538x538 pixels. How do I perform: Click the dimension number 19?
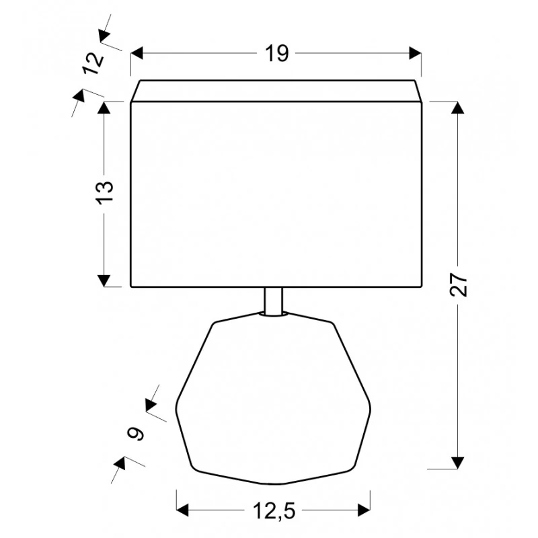coord(277,54)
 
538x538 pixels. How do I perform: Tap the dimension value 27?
coord(459,284)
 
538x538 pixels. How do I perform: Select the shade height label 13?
coord(106,192)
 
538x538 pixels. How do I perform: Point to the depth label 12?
coord(93,63)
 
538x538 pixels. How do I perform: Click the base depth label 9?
coord(136,434)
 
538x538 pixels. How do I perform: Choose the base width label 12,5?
coord(274,510)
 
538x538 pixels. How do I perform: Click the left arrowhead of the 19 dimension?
coord(137,54)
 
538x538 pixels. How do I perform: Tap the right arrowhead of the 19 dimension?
coord(415,54)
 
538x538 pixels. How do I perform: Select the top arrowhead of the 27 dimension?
coord(458,108)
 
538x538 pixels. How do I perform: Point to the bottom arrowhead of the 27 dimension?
coord(458,463)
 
